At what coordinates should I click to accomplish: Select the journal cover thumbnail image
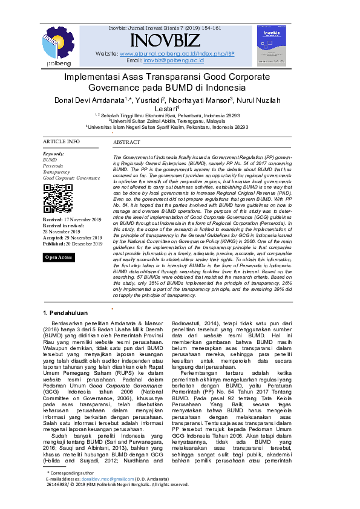tap(271, 45)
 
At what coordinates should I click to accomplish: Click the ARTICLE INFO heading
tap(61, 141)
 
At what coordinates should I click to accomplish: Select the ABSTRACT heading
tap(126, 142)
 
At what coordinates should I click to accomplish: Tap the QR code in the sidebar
tap(58, 198)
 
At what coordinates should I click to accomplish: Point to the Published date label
tap(55, 244)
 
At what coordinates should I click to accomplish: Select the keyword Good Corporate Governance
tap(71, 178)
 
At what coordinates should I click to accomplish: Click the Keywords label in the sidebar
tap(54, 154)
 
